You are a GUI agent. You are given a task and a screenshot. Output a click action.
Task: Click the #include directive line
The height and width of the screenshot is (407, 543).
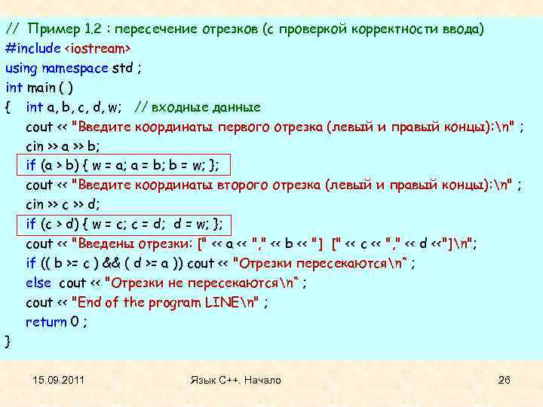click(x=69, y=48)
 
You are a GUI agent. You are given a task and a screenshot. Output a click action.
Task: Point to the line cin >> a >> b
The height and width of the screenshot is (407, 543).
click(x=65, y=146)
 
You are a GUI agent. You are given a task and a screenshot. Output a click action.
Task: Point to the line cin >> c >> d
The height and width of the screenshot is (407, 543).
click(x=65, y=204)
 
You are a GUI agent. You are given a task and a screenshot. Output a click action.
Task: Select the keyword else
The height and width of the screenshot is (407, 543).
click(x=38, y=283)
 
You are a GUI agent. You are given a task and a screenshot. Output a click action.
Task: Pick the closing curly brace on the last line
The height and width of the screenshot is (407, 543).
click(x=8, y=341)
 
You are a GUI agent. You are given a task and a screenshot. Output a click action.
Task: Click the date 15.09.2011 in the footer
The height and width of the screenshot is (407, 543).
click(x=59, y=380)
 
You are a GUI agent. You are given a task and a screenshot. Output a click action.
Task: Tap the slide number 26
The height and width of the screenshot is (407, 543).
click(x=505, y=380)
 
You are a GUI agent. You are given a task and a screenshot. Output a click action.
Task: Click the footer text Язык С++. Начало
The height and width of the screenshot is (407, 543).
click(x=236, y=380)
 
